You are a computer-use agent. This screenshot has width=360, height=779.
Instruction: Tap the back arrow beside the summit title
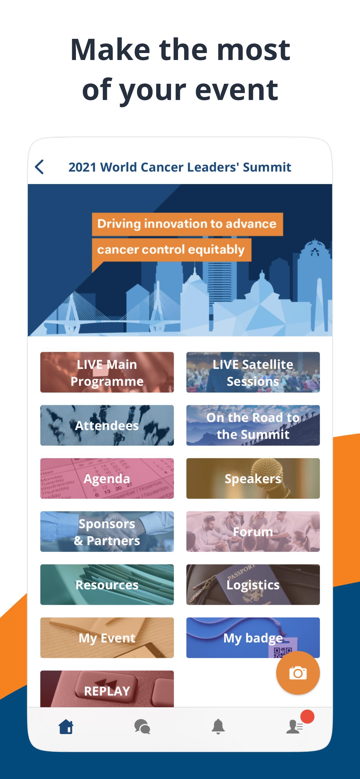39,167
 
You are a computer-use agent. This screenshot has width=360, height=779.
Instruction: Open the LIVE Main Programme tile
107,372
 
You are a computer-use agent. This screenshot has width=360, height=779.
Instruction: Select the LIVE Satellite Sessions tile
253,372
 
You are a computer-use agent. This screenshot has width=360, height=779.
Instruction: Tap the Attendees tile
107,425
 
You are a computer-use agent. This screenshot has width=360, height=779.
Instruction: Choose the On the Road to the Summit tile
253,425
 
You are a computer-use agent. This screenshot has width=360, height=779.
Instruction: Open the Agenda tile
107,478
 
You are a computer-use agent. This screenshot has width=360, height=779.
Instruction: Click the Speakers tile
253,478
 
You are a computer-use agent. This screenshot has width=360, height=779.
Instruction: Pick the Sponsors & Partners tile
107,532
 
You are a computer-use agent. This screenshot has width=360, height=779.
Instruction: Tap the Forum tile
253,532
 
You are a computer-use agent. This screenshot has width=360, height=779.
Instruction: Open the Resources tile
107,585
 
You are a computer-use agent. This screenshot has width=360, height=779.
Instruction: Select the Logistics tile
253,585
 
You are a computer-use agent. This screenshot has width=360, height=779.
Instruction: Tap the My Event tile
107,638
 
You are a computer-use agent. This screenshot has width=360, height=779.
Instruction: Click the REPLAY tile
107,689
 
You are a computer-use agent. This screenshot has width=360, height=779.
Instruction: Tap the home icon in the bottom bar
66,727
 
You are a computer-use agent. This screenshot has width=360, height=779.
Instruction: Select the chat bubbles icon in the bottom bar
142,727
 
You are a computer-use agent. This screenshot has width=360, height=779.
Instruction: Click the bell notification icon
218,727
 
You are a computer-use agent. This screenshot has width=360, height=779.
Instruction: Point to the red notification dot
307,716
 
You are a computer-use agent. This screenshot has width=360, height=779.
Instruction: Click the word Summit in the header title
267,167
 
